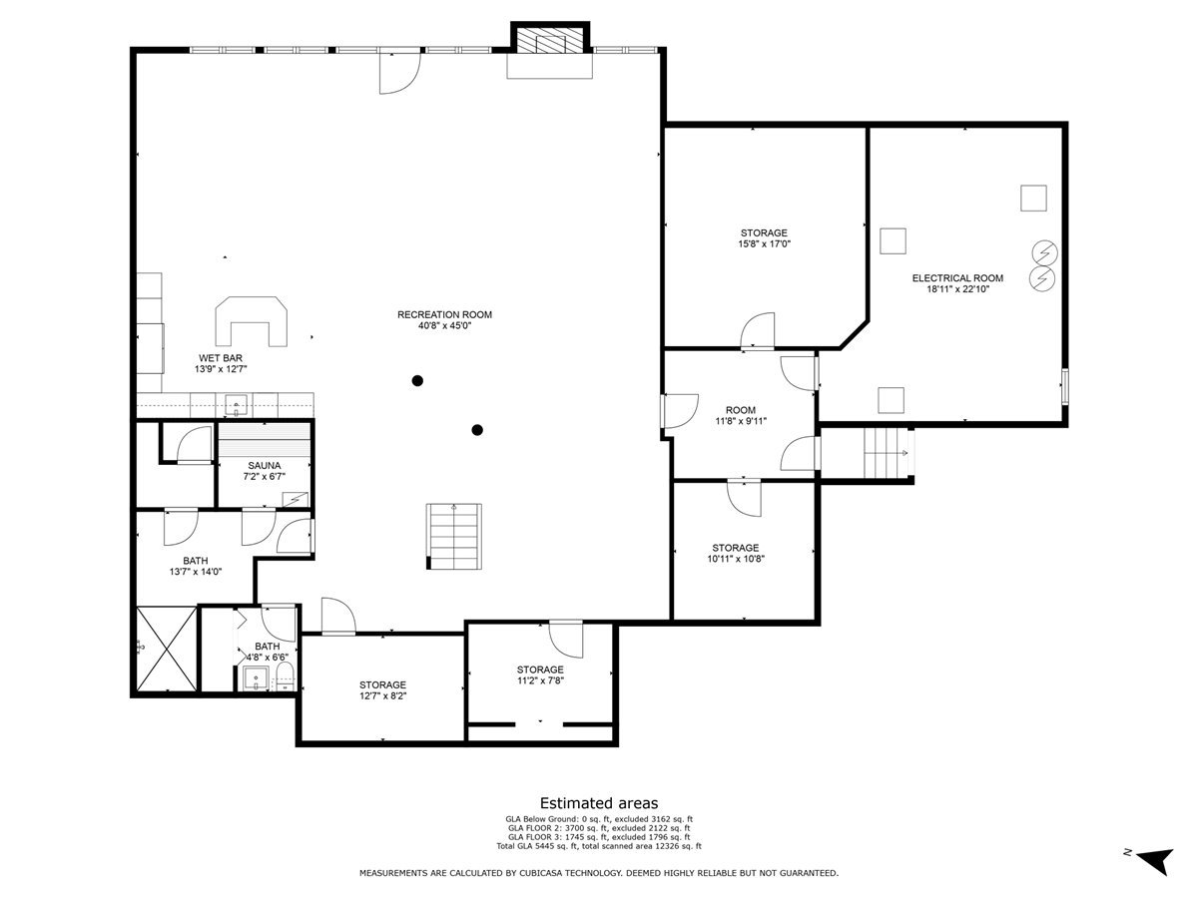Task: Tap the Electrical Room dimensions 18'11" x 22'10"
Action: point(957,289)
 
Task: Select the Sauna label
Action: point(265,466)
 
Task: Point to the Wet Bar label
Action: point(221,358)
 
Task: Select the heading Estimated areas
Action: point(599,803)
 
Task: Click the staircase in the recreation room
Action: point(453,537)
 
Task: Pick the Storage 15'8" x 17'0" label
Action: point(764,238)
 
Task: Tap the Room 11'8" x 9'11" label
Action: point(741,415)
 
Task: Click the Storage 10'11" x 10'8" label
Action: point(736,553)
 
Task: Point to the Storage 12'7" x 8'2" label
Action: point(382,690)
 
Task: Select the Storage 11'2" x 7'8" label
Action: point(540,675)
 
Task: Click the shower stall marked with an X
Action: point(166,649)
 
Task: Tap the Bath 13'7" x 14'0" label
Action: point(196,566)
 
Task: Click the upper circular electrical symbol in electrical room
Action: point(1044,253)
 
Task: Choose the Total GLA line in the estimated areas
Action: point(599,846)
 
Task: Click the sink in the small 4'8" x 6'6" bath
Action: point(256,678)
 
